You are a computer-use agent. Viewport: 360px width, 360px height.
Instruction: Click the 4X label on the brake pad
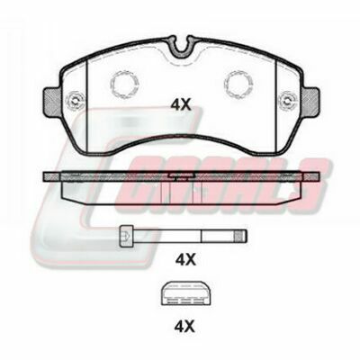(181, 105)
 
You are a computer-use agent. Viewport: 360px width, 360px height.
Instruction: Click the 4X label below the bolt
(185, 259)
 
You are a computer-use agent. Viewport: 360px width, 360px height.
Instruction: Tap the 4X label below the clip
(184, 327)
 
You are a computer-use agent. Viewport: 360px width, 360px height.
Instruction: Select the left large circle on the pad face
(124, 84)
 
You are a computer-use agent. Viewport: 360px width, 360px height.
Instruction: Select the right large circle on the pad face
(238, 84)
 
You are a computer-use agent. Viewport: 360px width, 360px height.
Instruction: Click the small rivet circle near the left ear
(75, 101)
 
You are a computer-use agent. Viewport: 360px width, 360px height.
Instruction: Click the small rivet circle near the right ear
(288, 101)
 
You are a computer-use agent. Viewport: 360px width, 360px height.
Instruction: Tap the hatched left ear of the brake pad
(51, 102)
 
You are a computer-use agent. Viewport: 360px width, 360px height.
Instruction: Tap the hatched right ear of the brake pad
(311, 102)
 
